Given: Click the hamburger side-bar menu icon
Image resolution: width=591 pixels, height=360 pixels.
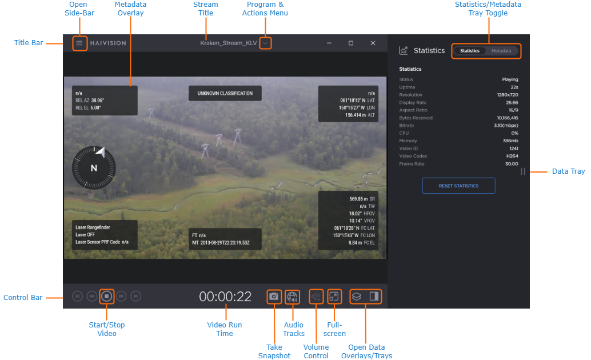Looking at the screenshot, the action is [79, 43].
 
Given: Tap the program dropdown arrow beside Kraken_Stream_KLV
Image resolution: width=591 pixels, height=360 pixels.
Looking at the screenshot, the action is [265, 43].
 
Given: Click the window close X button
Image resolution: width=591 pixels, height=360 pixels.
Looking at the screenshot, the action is [373, 43].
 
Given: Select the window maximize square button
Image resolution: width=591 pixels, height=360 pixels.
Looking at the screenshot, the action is [351, 43].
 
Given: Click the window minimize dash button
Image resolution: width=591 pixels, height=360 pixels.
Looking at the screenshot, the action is [329, 43].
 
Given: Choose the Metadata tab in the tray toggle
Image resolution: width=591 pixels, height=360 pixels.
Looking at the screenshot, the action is [501, 51].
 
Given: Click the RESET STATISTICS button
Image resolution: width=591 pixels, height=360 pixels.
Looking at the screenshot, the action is [458, 186].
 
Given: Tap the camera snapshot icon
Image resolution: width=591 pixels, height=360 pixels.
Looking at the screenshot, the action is [274, 297].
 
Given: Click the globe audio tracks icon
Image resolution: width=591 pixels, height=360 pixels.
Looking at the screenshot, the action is [293, 297].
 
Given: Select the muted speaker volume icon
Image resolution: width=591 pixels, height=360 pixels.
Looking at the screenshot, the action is [316, 297].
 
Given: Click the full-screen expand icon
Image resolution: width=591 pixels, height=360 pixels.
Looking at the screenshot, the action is [334, 297].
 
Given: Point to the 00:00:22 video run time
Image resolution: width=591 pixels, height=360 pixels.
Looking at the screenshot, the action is [225, 297].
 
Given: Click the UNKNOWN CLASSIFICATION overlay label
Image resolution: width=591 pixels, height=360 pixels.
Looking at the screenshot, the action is [225, 93].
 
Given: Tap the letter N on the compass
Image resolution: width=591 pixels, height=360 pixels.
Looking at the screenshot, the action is [94, 168].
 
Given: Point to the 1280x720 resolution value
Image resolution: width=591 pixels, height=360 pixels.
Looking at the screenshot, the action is [508, 95].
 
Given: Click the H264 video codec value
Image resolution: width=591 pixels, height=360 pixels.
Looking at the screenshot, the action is [512, 156].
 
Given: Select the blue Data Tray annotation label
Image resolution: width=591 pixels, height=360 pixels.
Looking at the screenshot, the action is [568, 171].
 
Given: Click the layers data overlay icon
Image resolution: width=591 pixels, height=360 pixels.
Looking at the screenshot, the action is [356, 297].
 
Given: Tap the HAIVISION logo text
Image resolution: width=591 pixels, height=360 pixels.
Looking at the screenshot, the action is [108, 43].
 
